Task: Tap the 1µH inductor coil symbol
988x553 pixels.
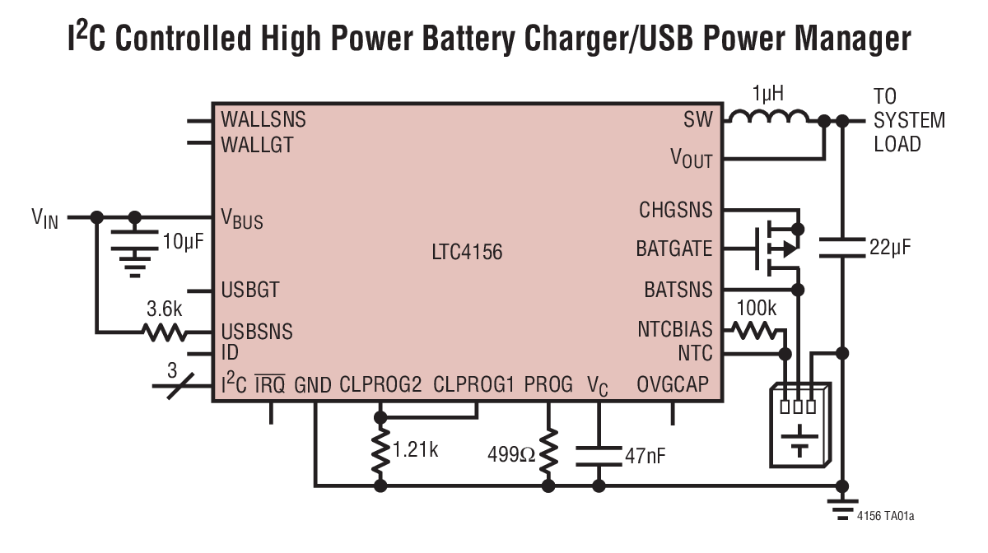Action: (769, 119)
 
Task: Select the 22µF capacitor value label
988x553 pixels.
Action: (890, 247)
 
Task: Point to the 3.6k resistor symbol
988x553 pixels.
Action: (164, 333)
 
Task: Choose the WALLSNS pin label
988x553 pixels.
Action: (263, 119)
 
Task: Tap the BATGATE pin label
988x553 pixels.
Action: (673, 248)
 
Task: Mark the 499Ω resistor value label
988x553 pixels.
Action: (510, 455)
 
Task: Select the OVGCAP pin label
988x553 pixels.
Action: (672, 384)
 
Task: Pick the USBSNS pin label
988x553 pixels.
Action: (256, 332)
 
